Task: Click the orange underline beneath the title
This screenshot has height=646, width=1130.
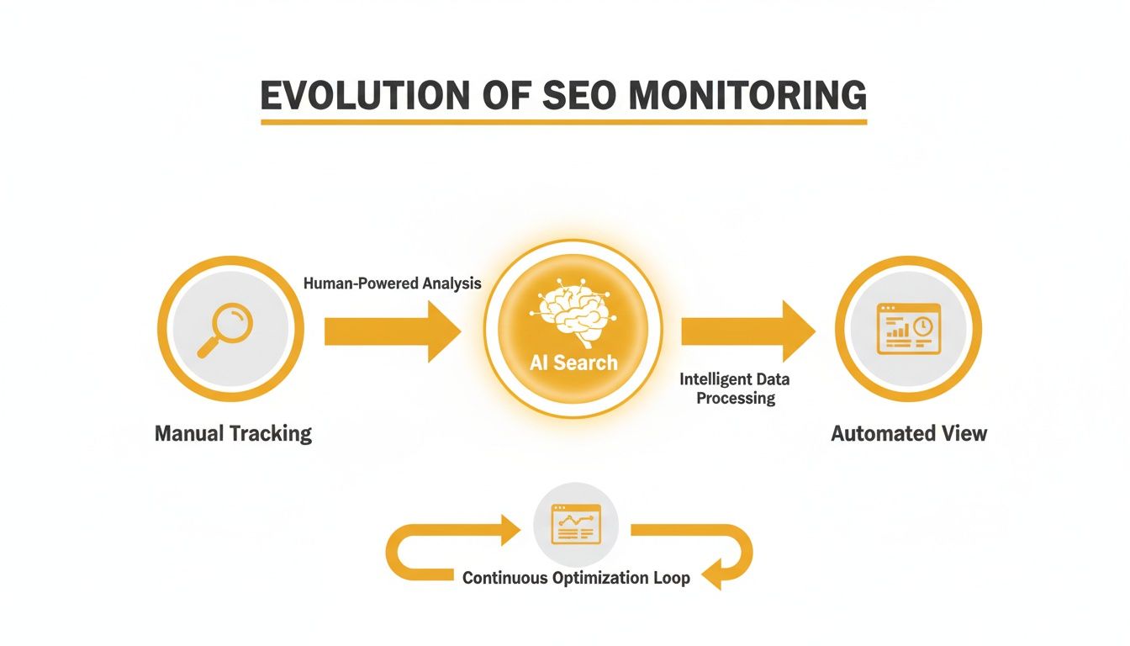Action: (563, 122)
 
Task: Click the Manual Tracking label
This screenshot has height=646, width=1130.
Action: (233, 434)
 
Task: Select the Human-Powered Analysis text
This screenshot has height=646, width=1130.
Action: (392, 283)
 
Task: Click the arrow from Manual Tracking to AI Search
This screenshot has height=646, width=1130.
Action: (392, 331)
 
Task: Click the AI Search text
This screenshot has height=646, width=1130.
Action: (573, 363)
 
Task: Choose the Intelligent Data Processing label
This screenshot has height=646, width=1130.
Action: (735, 389)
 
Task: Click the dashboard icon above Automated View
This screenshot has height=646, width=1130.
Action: (908, 329)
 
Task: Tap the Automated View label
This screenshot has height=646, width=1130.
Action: (909, 434)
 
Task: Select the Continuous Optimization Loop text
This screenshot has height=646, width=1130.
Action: (576, 579)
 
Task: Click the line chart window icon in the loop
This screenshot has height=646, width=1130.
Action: (576, 524)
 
